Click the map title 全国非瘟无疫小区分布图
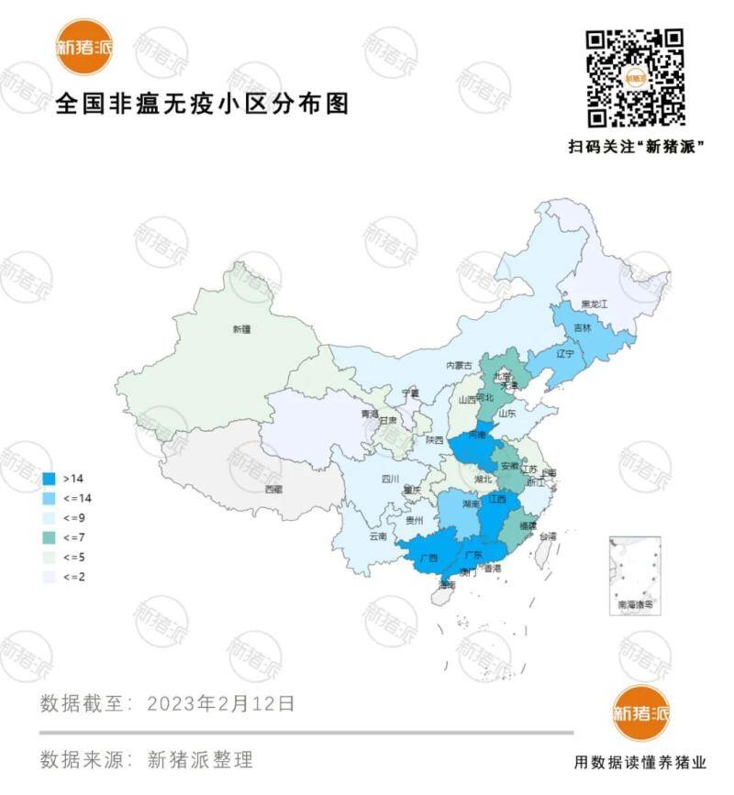[203, 103]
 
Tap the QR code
[636, 77]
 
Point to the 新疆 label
[240, 328]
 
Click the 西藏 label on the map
[273, 490]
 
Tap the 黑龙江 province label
[595, 304]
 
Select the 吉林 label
[582, 327]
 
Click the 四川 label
[389, 479]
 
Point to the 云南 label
[378, 536]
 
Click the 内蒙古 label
[458, 365]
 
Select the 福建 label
[528, 525]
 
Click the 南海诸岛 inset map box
[635, 575]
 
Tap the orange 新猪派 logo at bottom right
[640, 713]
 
